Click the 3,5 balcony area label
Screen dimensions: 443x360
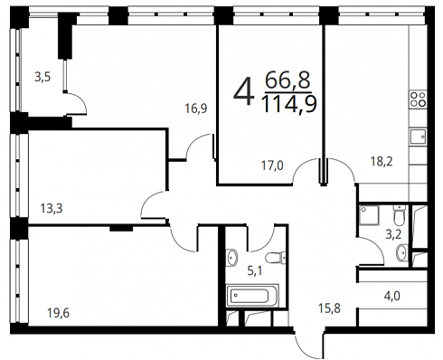click(42, 77)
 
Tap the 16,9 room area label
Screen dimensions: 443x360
click(196, 109)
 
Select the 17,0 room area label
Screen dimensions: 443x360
click(272, 166)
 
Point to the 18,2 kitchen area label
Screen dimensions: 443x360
click(382, 161)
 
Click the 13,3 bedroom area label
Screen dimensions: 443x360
click(52, 208)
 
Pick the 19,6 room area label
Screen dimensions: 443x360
click(58, 313)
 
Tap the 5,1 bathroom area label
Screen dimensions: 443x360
click(255, 271)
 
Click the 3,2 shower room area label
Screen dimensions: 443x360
click(394, 234)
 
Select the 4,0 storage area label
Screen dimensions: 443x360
click(391, 296)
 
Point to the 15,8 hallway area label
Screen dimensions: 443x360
click(330, 308)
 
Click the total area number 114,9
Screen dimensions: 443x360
click(289, 104)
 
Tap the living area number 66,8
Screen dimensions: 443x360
click(287, 81)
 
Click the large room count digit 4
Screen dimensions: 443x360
click(243, 91)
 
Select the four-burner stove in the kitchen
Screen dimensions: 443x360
click(418, 99)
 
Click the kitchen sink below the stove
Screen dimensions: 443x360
click(419, 137)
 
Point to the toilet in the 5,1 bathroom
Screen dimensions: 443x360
click(276, 258)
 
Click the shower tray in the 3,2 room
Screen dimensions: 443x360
click(368, 215)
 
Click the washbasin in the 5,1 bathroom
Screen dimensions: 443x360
click(231, 258)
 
